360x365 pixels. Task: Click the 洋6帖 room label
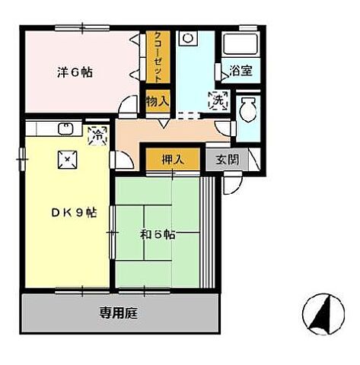pyautogui.click(x=75, y=73)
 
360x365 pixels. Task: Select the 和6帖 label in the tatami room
pyautogui.click(x=158, y=234)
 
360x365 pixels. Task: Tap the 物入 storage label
pyautogui.click(x=158, y=101)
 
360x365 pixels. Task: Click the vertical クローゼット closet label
pyautogui.click(x=158, y=57)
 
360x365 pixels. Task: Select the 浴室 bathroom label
pyautogui.click(x=244, y=71)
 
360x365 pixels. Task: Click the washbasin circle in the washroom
pyautogui.click(x=190, y=38)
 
